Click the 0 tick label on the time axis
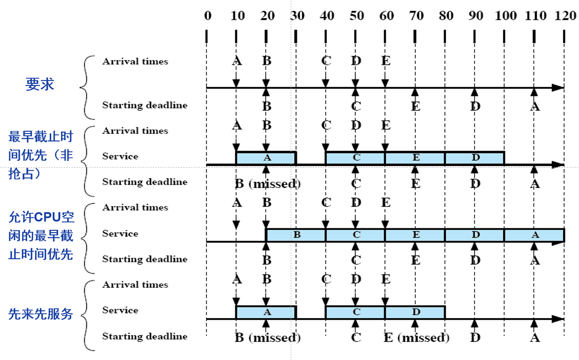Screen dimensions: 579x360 207,16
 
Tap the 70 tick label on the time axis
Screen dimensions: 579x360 416,16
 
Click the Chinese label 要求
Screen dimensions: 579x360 40,85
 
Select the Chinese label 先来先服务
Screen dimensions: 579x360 41,314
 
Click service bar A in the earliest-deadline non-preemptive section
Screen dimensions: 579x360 266,158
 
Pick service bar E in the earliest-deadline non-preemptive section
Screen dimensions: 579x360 415,158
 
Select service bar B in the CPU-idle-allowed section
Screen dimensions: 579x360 296,235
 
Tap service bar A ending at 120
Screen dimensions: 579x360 534,235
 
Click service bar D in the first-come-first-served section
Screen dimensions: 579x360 415,312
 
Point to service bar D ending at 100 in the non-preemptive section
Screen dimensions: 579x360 475,158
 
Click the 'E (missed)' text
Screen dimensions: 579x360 416,338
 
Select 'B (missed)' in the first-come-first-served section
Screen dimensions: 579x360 267,338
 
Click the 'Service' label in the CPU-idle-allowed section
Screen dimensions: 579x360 120,234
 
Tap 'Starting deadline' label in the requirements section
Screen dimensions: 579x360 144,105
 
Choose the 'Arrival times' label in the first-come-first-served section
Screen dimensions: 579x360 135,285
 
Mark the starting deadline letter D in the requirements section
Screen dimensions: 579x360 475,106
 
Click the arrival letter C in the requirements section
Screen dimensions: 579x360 326,61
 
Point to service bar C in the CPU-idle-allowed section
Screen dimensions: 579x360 356,235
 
